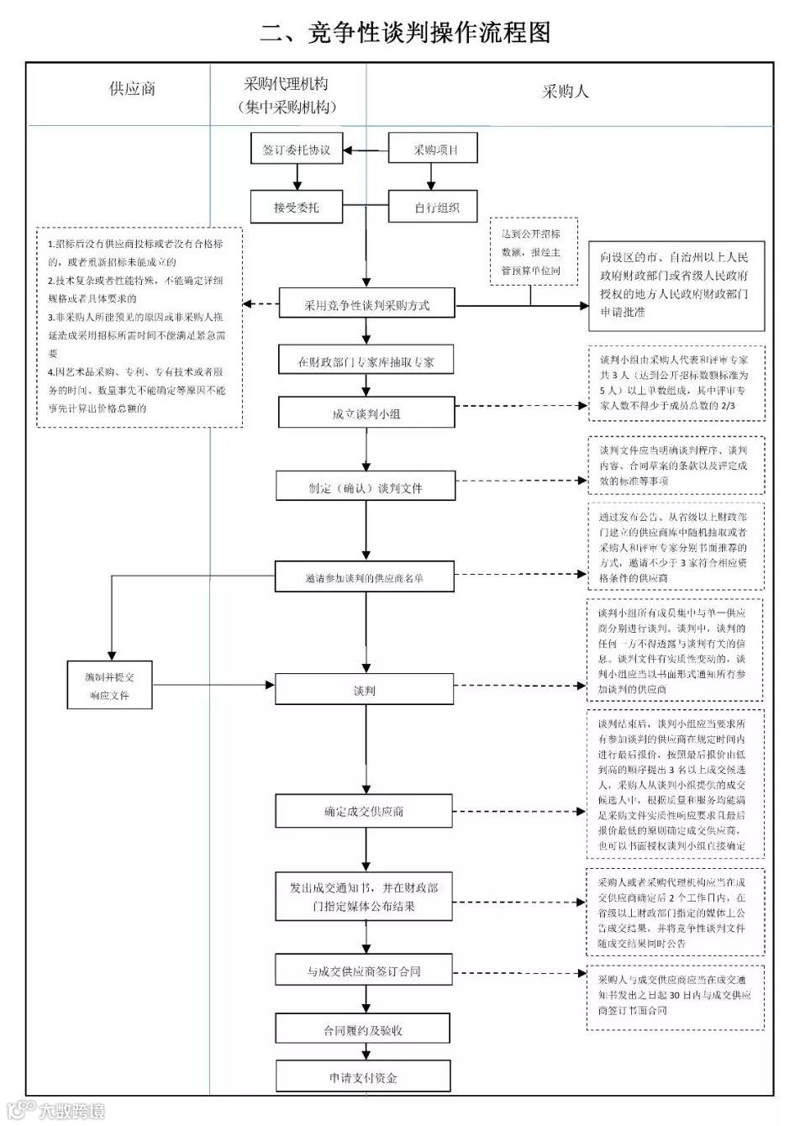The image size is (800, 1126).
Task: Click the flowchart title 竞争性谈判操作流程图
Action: (406, 32)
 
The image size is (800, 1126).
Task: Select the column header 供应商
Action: (132, 89)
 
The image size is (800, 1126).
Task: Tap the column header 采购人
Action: (565, 92)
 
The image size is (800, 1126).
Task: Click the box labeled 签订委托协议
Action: (296, 150)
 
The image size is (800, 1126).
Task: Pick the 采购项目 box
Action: (434, 150)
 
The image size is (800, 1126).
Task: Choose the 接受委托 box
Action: (296, 207)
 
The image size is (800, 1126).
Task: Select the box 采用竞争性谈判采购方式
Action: (366, 305)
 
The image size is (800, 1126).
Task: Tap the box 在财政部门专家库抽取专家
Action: (366, 362)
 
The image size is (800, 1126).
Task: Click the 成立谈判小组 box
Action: (366, 413)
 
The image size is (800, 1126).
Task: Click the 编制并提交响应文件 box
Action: (110, 685)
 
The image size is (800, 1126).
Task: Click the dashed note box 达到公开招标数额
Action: (530, 252)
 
